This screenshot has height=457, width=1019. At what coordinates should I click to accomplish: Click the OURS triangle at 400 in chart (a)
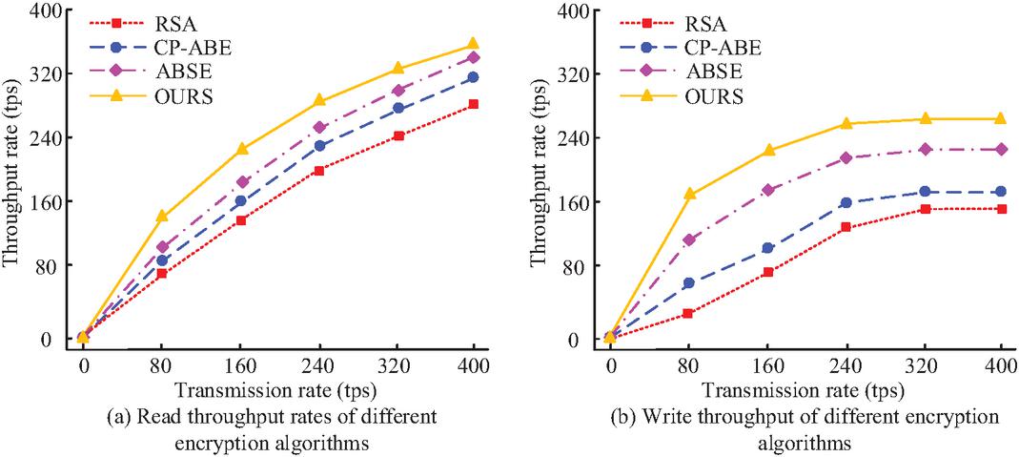click(x=473, y=45)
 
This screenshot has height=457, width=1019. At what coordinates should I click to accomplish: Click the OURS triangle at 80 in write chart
click(x=688, y=194)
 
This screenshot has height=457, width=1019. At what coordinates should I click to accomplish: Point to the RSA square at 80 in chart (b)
click(x=688, y=313)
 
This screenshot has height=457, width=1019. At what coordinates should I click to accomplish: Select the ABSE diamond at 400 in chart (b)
click(x=1000, y=149)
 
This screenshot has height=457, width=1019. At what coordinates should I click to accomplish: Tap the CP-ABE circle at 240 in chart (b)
click(x=845, y=202)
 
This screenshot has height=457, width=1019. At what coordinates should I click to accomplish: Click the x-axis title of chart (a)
click(x=277, y=391)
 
